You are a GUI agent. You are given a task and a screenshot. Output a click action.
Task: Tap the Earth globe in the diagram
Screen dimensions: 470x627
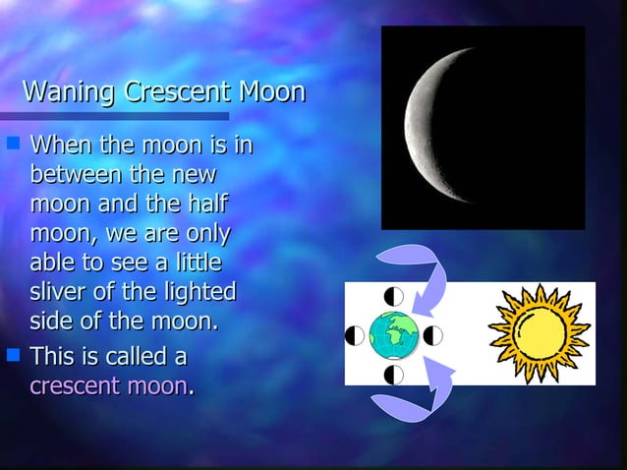(393, 335)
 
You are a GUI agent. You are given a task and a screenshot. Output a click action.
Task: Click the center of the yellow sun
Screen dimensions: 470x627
(539, 330)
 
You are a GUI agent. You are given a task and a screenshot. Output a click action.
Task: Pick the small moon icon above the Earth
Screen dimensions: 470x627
(393, 296)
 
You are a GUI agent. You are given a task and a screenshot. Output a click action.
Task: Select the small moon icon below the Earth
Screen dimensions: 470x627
(393, 374)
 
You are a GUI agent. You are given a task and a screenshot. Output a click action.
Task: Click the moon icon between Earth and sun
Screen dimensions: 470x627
(432, 335)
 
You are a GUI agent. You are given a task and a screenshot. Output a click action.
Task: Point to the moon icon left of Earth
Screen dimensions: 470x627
(355, 335)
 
